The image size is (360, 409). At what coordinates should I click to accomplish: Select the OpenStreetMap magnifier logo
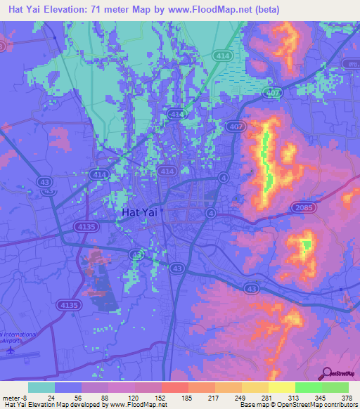tap(328, 374)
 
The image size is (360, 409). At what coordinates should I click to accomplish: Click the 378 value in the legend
tap(345, 397)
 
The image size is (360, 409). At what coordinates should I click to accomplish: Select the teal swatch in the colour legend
tap(41, 387)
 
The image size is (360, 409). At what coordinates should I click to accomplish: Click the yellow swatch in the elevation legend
tap(281, 387)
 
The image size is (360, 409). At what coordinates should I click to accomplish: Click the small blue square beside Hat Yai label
tap(161, 209)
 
